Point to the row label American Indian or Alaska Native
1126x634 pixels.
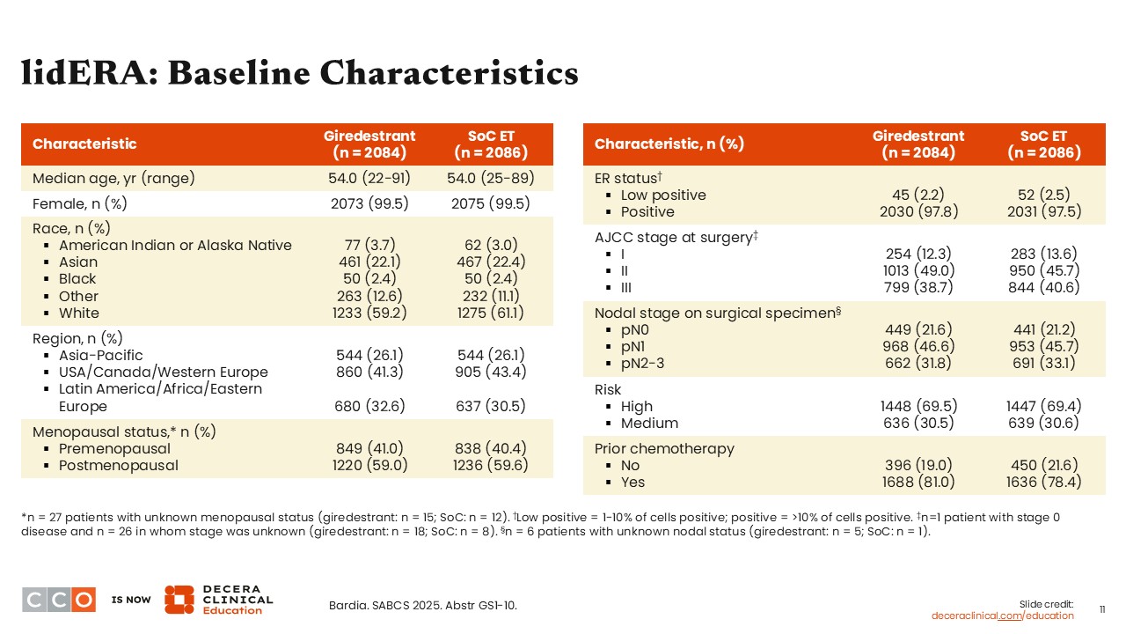(x=175, y=245)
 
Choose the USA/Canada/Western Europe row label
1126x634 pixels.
(x=163, y=372)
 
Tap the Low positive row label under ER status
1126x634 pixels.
(x=663, y=195)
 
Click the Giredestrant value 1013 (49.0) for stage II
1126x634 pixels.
(x=918, y=270)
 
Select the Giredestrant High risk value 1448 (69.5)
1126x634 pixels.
(x=918, y=406)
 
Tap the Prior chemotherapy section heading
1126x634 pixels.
(x=664, y=448)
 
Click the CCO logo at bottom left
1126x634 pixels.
(x=59, y=600)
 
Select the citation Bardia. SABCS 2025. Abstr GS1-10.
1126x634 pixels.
(x=422, y=605)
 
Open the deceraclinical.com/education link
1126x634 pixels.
(x=1003, y=616)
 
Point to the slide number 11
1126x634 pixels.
(x=1103, y=609)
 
